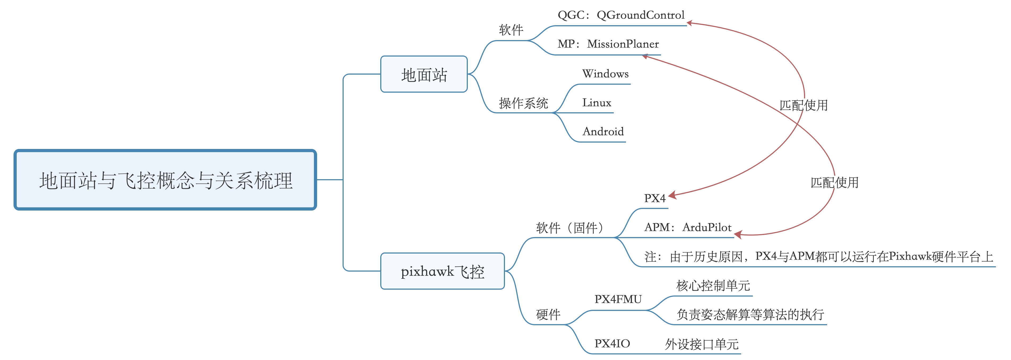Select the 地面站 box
click(x=424, y=74)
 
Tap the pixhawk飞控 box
click(x=442, y=271)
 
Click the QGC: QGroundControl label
click(x=621, y=15)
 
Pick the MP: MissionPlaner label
click(x=608, y=44)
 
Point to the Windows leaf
click(x=605, y=74)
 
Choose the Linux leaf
click(x=597, y=103)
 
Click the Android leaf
click(x=603, y=131)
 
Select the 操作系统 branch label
click(x=523, y=103)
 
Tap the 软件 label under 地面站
click(x=511, y=30)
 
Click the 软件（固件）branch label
click(x=569, y=228)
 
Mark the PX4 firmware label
click(x=654, y=198)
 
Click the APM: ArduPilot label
click(x=688, y=227)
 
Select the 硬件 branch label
click(x=548, y=314)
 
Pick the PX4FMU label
click(x=618, y=299)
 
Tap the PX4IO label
click(x=612, y=344)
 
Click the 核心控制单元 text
click(x=713, y=285)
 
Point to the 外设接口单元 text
click(x=702, y=344)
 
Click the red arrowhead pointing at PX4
click(x=672, y=195)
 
